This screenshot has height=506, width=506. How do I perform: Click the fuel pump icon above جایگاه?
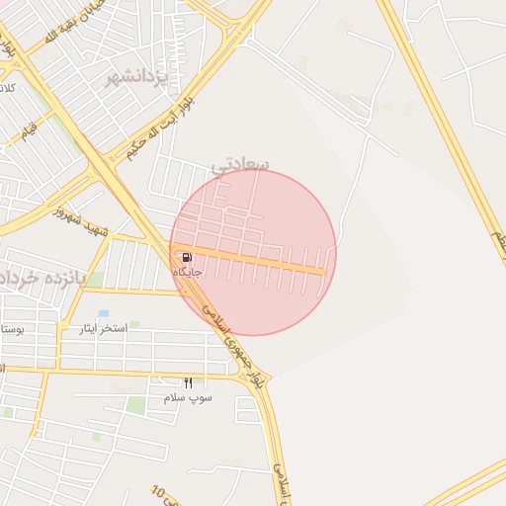(x=187, y=257)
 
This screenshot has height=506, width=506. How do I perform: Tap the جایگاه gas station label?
(x=188, y=272)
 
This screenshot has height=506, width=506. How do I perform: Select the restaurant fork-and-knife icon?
(x=189, y=382)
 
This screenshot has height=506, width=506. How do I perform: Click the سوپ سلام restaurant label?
(x=188, y=397)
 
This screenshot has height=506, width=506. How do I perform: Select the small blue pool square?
(x=103, y=313)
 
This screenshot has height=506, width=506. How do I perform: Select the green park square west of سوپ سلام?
(x=135, y=404)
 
